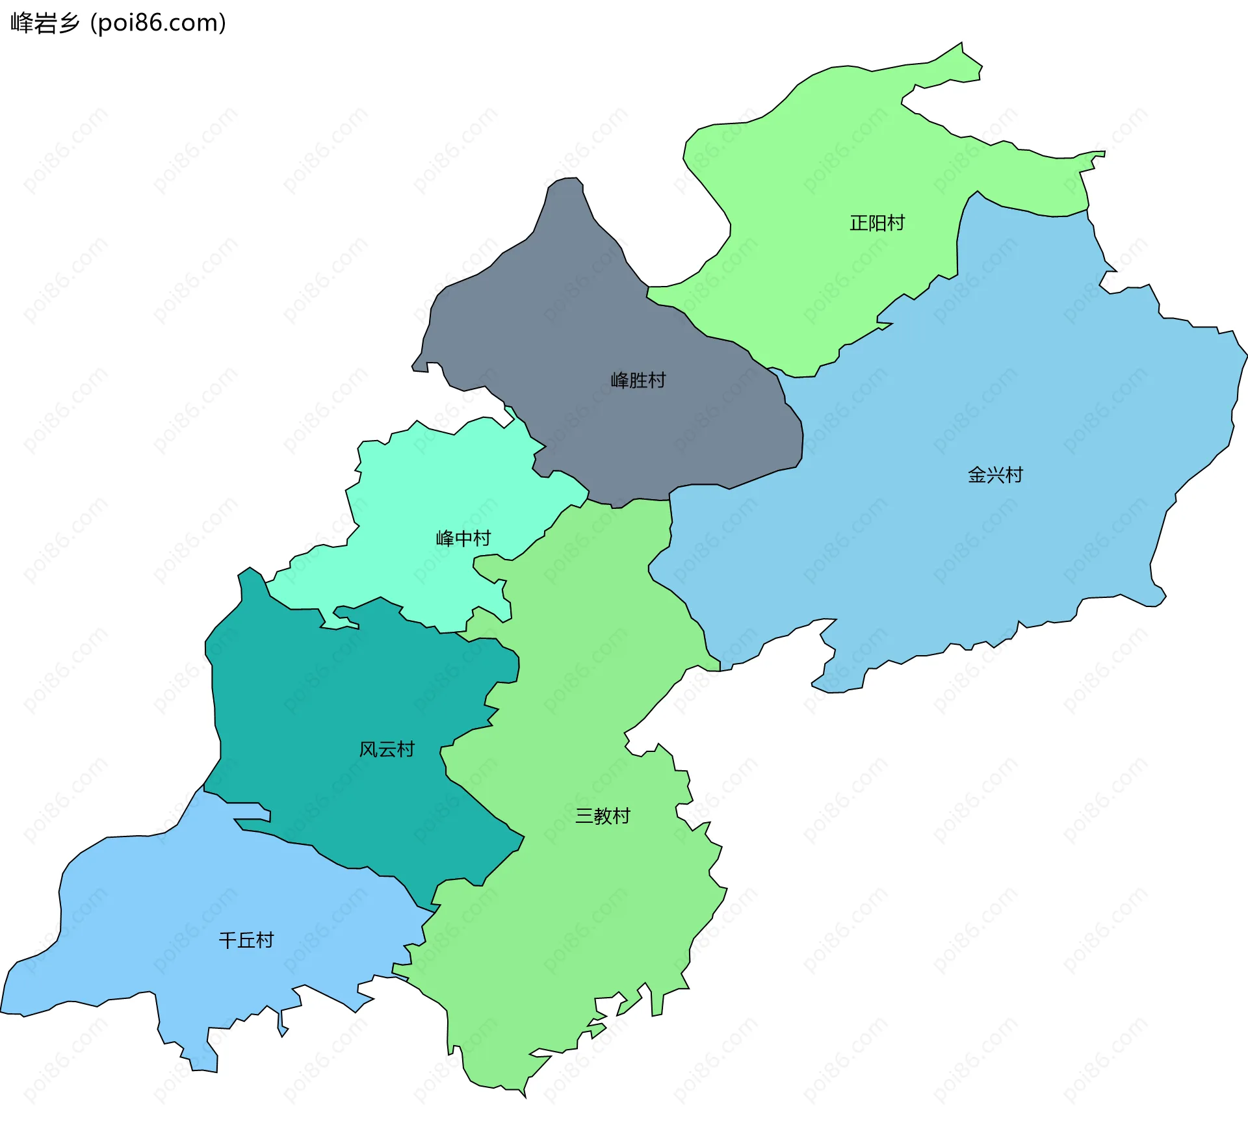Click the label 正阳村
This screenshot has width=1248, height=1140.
pos(877,223)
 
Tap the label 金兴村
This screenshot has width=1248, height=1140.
pos(995,474)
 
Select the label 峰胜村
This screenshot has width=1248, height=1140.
pos(638,380)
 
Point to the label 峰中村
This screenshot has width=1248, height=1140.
pos(463,538)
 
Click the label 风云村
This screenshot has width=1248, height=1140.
pos(387,749)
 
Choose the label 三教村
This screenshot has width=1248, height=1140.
pos(603,816)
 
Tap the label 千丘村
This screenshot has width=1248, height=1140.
pos(246,940)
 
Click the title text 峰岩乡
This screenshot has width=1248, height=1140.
pos(44,23)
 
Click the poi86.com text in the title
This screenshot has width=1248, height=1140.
pos(158,23)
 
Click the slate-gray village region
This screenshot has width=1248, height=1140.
pos(585,312)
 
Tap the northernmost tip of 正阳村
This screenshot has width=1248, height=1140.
pos(961,44)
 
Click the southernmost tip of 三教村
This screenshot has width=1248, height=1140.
pos(524,1096)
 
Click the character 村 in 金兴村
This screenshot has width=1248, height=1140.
pos(1014,474)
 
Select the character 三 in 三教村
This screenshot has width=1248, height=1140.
pos(584,816)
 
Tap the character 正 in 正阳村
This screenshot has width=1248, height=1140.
pos(859,223)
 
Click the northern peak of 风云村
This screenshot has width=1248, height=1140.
pos(250,569)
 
